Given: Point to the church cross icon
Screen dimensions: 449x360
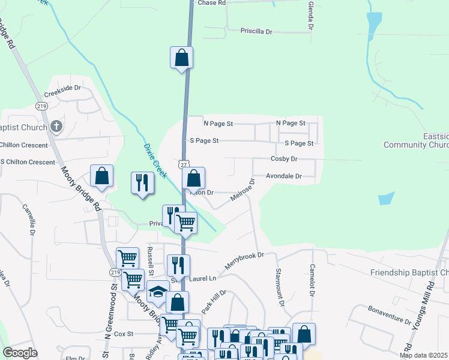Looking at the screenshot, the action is [56, 126].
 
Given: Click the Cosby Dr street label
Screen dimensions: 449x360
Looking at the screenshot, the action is [284, 159].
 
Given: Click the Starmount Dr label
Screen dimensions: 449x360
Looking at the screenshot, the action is [279, 289].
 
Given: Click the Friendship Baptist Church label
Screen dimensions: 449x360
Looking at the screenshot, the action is [409, 273].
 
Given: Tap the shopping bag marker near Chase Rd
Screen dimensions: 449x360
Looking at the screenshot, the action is [181, 58].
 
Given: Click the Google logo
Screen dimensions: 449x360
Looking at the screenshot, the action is [20, 353].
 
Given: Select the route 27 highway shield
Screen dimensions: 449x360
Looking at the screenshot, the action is [183, 163].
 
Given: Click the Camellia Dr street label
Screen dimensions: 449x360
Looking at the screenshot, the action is [28, 220].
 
